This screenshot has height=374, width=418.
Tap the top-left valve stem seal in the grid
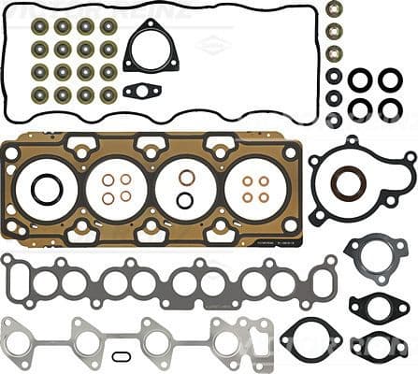(40, 26)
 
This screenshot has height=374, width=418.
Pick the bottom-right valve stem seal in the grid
(108, 94)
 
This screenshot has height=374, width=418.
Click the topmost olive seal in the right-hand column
(334, 9)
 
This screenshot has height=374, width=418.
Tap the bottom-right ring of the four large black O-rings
(390, 109)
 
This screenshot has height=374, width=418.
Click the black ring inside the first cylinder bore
(47, 190)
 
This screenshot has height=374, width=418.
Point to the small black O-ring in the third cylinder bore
(185, 199)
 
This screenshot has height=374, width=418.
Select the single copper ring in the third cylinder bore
(187, 178)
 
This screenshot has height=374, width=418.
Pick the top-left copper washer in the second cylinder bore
(108, 180)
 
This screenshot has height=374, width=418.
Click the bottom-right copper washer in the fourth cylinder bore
(264, 197)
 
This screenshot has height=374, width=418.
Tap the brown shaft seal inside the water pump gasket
(349, 182)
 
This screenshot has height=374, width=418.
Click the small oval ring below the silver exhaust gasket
(122, 356)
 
